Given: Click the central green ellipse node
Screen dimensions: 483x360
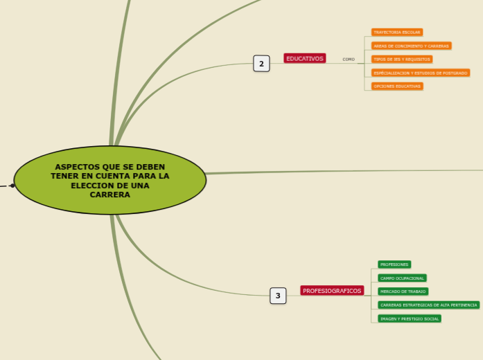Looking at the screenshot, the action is pyautogui.click(x=110, y=180).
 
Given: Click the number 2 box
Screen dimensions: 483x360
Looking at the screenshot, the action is pyautogui.click(x=261, y=64).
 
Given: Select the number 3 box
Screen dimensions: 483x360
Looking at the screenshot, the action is pyautogui.click(x=278, y=296).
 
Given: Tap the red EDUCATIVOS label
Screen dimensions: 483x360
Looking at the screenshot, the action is pyautogui.click(x=305, y=59).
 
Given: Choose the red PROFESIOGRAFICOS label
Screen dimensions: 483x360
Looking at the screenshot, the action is pyautogui.click(x=332, y=291).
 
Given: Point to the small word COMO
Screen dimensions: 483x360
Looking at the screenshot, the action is pyautogui.click(x=349, y=60).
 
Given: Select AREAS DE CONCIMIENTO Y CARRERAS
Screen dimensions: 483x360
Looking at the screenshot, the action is pyautogui.click(x=411, y=46).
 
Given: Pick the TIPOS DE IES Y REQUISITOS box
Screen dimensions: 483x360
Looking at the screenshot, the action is pyautogui.click(x=401, y=60).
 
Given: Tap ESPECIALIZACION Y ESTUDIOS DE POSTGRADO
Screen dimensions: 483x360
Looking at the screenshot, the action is pyautogui.click(x=421, y=73).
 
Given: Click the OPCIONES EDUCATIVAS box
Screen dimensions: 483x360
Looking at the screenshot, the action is pyautogui.click(x=396, y=86).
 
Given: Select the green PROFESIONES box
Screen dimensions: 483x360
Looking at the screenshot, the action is pyautogui.click(x=394, y=264).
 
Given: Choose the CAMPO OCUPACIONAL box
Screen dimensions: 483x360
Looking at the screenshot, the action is pyautogui.click(x=402, y=278).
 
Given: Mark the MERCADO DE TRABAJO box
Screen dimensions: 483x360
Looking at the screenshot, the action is pyautogui.click(x=403, y=291).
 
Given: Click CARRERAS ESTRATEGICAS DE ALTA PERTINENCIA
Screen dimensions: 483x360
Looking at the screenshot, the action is pyautogui.click(x=428, y=305).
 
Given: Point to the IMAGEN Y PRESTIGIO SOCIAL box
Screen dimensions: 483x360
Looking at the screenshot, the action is pyautogui.click(x=410, y=318).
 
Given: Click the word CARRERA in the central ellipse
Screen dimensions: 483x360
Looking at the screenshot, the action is pyautogui.click(x=110, y=195).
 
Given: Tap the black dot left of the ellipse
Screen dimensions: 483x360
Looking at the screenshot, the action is pyautogui.click(x=12, y=186).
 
